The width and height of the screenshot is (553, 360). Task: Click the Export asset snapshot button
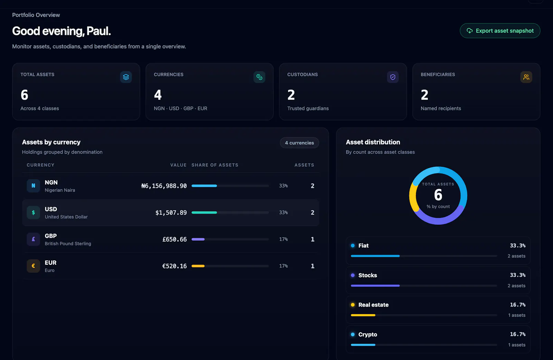click(500, 31)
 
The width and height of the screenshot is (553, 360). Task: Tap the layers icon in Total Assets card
click(126, 77)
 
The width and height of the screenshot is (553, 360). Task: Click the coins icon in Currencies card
click(259, 77)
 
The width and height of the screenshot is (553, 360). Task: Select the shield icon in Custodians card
click(393, 77)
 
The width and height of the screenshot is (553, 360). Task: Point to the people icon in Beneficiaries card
click(526, 77)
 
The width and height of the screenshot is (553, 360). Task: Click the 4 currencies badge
click(299, 143)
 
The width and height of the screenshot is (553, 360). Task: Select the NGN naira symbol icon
click(33, 186)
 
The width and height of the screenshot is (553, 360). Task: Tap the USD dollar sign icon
click(33, 212)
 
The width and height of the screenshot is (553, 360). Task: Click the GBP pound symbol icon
click(33, 239)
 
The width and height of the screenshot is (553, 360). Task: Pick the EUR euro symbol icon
click(33, 266)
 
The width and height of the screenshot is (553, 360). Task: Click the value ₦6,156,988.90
click(164, 186)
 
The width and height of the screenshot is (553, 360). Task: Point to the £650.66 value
click(175, 239)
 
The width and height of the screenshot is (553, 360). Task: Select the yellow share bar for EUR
click(198, 266)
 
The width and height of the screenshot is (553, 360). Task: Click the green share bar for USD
click(204, 212)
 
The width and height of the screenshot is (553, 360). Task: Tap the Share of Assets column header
click(215, 165)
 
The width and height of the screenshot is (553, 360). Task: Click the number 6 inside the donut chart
click(438, 195)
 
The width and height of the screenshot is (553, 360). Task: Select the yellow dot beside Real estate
click(353, 305)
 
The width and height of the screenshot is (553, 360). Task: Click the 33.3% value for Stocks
click(517, 275)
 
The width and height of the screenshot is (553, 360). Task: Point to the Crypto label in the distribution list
click(368, 334)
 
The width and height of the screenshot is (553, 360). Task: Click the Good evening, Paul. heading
click(62, 31)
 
